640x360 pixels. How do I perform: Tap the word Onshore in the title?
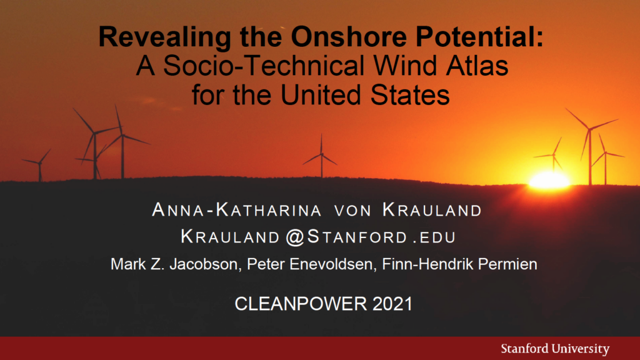tap(349, 37)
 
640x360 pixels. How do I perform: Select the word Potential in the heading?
tap(476, 37)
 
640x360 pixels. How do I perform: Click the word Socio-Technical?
tap(264, 66)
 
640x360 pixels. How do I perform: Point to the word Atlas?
tap(477, 66)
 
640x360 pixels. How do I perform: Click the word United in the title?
tap(321, 95)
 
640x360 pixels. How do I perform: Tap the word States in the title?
tap(410, 95)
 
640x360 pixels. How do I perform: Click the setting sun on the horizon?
tap(549, 181)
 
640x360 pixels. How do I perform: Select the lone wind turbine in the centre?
tap(321, 156)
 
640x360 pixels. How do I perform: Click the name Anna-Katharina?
tap(237, 210)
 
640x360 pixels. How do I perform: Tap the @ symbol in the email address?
tap(295, 237)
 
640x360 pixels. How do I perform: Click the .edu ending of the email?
tap(434, 237)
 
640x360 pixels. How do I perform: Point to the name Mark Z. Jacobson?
tap(174, 264)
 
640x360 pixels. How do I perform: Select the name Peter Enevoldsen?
tap(309, 264)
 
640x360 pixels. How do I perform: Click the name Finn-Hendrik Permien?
tap(459, 264)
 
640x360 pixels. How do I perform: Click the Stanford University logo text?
tap(555, 349)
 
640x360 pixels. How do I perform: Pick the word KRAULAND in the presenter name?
tap(432, 210)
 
